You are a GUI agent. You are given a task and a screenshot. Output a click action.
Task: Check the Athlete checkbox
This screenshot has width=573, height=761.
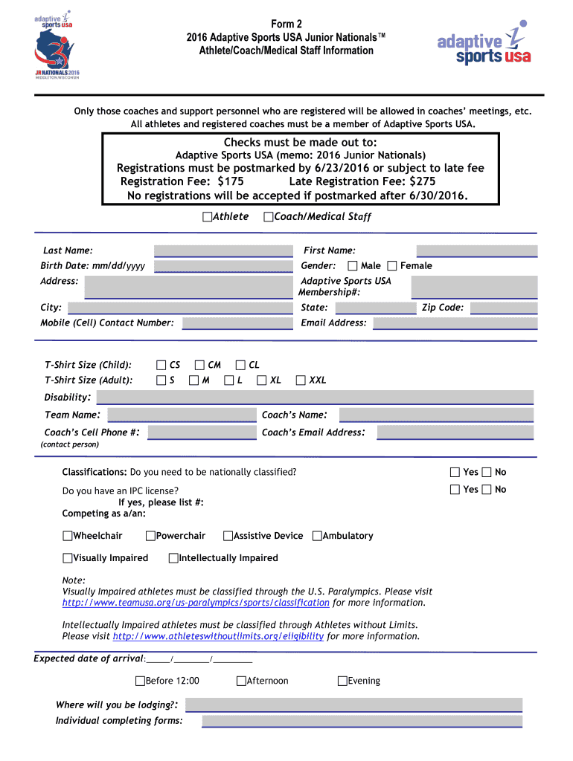[208, 217]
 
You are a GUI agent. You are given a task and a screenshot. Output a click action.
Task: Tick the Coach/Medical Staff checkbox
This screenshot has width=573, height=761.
[269, 217]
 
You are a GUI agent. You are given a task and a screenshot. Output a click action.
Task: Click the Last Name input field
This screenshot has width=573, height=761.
[223, 251]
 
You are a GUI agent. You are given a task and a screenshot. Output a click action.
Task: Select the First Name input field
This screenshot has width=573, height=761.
[476, 251]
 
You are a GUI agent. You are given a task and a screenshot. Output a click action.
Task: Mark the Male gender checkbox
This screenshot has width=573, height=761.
[353, 266]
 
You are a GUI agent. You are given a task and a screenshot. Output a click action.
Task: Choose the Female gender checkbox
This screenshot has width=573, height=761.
[392, 266]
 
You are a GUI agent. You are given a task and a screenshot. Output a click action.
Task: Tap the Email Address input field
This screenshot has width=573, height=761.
[455, 323]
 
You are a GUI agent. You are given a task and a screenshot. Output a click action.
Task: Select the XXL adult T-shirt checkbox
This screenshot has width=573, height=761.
[301, 380]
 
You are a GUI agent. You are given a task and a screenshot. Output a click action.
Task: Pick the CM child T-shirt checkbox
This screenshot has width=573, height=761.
[199, 365]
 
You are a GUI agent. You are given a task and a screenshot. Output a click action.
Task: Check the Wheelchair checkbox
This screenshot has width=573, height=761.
[68, 536]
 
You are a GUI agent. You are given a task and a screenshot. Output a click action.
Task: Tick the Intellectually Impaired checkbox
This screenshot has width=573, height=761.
[173, 558]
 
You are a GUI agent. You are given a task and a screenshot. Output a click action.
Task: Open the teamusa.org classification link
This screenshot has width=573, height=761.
[196, 603]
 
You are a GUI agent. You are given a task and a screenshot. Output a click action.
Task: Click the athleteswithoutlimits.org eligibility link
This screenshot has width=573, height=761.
[218, 636]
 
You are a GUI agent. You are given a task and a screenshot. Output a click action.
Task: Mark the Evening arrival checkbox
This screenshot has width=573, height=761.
[343, 681]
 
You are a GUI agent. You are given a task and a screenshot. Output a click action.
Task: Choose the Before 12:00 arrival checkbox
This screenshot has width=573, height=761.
[140, 681]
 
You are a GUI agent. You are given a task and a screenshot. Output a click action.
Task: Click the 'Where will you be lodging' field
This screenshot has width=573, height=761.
[353, 705]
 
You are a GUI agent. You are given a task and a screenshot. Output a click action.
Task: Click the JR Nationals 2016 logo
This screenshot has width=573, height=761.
[56, 49]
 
